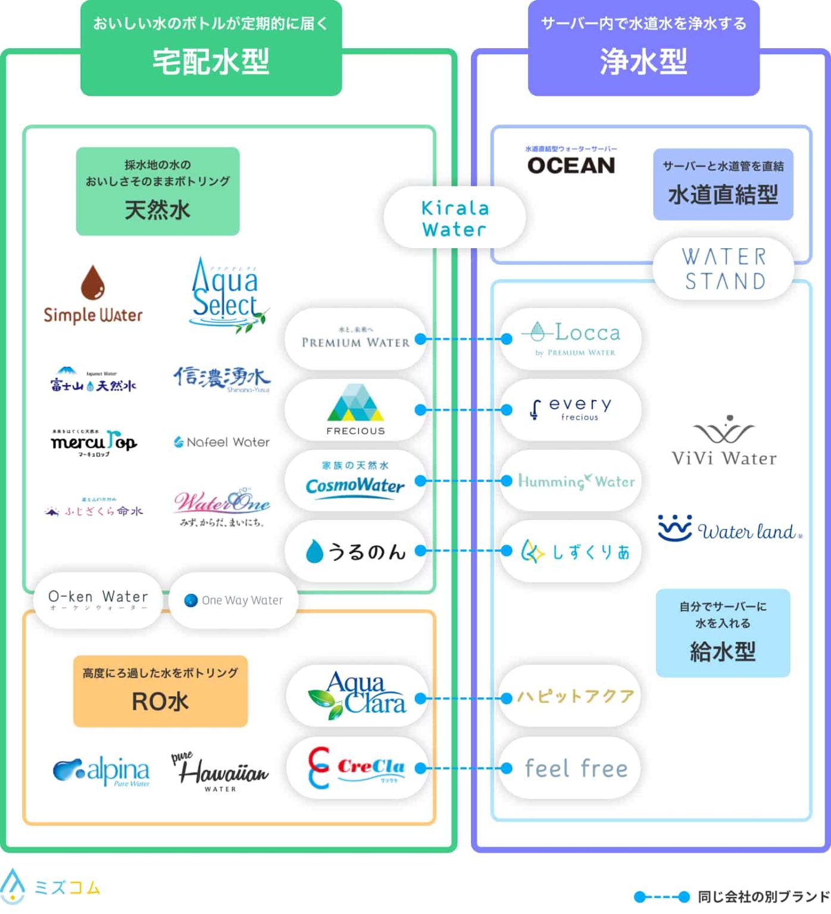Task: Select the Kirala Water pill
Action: tap(455, 218)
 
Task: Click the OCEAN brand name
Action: tap(571, 165)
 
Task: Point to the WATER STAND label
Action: tap(724, 269)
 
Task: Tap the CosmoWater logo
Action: tap(355, 480)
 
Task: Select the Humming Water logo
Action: tap(576, 481)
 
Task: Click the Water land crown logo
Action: tap(674, 528)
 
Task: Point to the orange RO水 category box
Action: tap(160, 691)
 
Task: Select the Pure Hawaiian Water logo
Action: tap(220, 772)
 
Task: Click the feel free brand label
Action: tap(576, 768)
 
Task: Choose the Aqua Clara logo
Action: tap(357, 696)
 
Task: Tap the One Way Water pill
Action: tap(233, 600)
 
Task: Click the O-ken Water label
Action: tap(98, 599)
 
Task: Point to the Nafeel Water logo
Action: tap(221, 442)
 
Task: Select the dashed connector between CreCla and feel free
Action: tap(464, 768)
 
